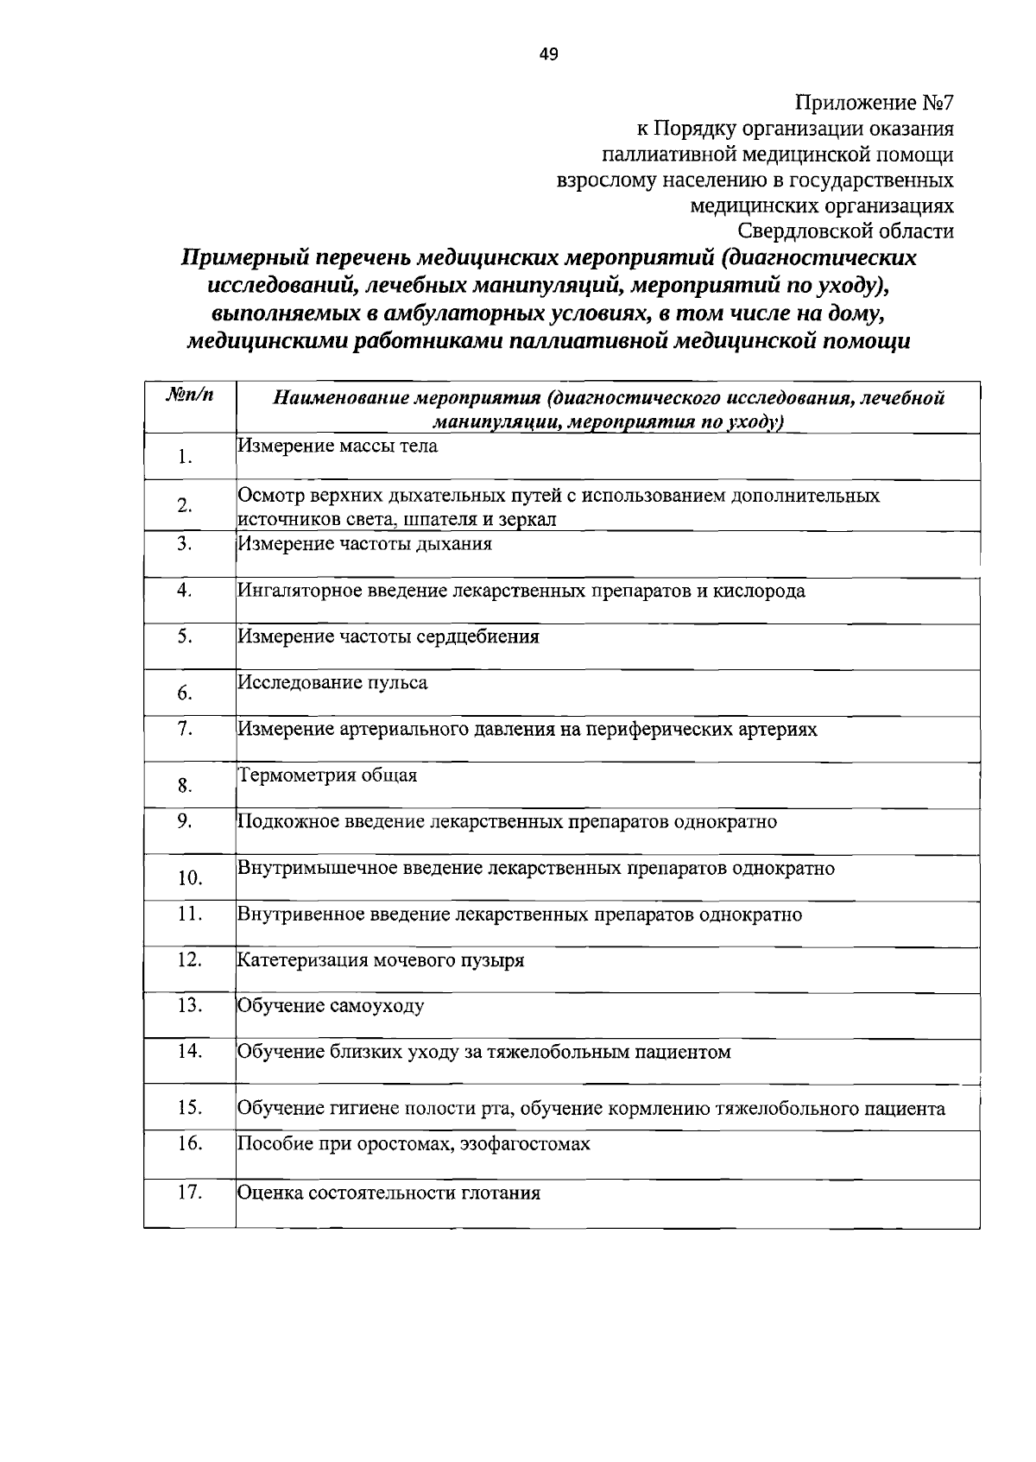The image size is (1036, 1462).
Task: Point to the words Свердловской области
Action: (x=846, y=231)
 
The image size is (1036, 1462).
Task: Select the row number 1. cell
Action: (x=185, y=457)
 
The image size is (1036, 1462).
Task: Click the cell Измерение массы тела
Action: (x=338, y=446)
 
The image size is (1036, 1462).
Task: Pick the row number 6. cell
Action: (x=184, y=693)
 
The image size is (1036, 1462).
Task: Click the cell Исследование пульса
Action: (x=332, y=683)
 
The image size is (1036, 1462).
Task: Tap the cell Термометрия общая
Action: (x=327, y=775)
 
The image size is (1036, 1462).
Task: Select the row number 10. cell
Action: (x=189, y=878)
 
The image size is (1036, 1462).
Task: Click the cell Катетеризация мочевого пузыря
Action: (x=381, y=960)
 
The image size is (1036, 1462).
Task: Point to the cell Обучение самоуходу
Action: (x=331, y=1006)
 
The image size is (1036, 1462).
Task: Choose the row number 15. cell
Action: (x=189, y=1107)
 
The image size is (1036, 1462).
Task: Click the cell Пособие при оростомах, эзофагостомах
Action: (x=414, y=1144)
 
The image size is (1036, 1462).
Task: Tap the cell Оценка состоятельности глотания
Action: (x=388, y=1193)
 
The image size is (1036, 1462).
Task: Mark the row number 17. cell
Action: (x=189, y=1193)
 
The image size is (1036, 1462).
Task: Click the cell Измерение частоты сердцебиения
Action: (x=388, y=637)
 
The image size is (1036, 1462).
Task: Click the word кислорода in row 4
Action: (x=761, y=592)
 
